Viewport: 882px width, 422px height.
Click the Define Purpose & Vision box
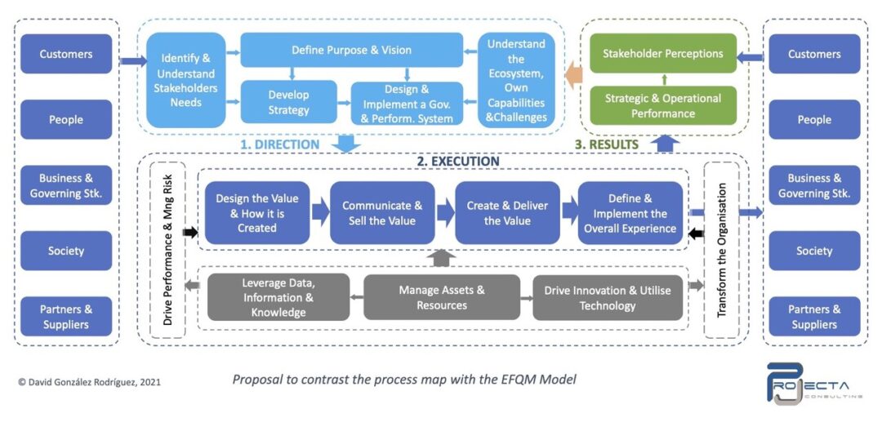coord(352,51)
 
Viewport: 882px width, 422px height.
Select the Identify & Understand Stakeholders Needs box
coord(186,80)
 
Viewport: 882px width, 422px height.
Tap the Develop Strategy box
coord(288,102)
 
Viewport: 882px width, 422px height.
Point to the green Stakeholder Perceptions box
coord(662,54)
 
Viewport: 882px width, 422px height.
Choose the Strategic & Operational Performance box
coord(662,105)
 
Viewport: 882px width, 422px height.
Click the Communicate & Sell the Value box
coord(382,213)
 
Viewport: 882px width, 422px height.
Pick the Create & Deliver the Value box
coord(507,213)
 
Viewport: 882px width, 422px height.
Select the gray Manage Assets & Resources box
coord(442,297)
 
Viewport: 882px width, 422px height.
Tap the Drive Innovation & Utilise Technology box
coord(608,297)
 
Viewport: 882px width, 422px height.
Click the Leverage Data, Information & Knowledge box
coord(278,297)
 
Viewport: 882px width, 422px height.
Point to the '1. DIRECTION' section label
coord(280,144)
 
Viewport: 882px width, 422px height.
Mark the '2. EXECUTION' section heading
coord(458,162)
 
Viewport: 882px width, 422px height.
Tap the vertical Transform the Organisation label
coord(721,248)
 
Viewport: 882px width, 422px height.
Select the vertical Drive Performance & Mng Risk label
coord(168,249)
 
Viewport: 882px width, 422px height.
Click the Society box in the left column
coord(66,251)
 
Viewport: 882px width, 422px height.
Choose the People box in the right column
coord(813,120)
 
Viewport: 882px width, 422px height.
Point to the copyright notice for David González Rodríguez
coord(90,381)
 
